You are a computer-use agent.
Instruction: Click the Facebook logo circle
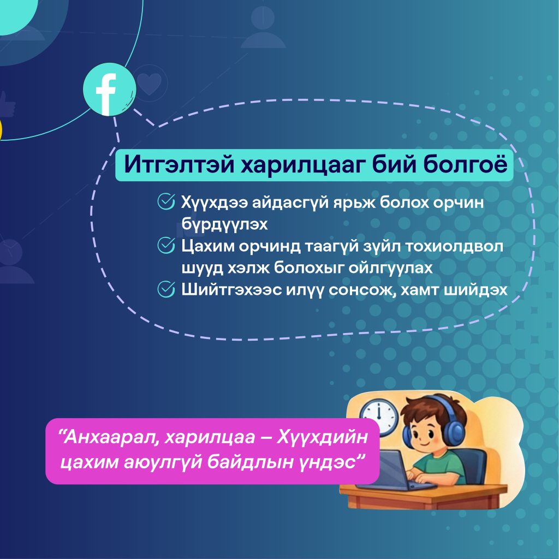point(109,89)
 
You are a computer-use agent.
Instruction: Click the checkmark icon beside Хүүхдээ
point(166,202)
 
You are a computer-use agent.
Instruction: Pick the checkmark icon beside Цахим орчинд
point(166,245)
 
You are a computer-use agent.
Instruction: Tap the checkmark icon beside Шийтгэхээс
point(166,289)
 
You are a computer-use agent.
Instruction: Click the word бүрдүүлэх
point(224,224)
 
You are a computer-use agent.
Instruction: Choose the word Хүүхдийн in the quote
point(322,436)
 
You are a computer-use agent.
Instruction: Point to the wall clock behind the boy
point(379,417)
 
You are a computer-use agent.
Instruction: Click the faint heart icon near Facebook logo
point(150,84)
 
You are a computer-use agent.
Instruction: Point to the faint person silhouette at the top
point(263,27)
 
